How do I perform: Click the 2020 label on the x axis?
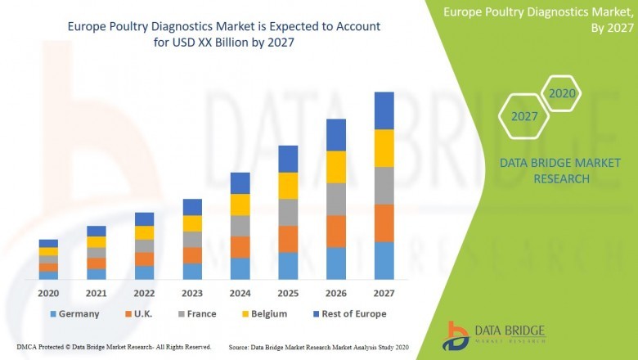click(48, 293)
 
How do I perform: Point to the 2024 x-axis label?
click(240, 293)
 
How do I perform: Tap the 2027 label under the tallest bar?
click(384, 293)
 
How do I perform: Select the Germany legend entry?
click(74, 313)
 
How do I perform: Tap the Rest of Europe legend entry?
click(348, 313)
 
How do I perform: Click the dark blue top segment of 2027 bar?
click(384, 110)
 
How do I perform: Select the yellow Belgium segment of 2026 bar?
click(336, 167)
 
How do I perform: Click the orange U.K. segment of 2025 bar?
click(288, 239)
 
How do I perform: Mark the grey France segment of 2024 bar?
click(240, 226)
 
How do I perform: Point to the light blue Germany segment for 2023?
click(192, 271)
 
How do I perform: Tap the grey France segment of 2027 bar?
click(384, 186)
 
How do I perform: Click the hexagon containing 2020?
click(562, 94)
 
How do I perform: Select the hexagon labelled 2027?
click(524, 117)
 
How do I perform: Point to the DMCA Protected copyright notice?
click(114, 347)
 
